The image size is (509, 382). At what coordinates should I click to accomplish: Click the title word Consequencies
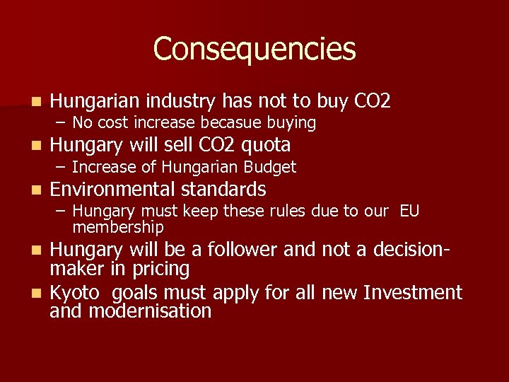point(255,50)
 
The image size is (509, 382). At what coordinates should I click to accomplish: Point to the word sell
point(180,145)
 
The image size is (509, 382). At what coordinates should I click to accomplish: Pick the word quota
point(266,145)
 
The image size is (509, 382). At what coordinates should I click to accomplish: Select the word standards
point(223,190)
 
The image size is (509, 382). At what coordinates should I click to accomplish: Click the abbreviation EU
point(409,211)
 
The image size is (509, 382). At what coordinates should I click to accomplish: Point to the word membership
point(118,228)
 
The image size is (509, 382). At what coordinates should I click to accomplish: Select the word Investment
point(412,292)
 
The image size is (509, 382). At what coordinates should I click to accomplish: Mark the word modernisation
point(150,311)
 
